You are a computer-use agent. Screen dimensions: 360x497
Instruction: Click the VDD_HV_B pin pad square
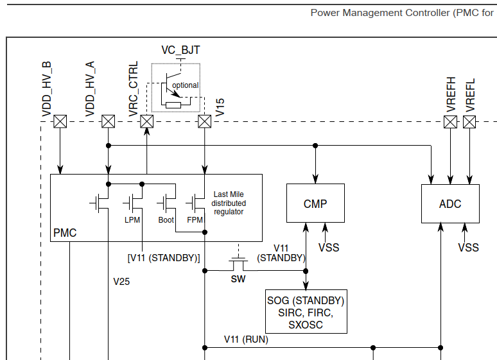60,121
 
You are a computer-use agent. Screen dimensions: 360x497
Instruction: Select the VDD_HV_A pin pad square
109,121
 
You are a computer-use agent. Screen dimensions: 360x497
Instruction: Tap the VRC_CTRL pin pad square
147,121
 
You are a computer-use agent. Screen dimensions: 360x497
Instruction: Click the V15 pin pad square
205,121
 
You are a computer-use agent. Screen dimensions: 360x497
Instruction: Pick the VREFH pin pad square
451,121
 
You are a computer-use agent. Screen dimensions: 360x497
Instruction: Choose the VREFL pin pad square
469,121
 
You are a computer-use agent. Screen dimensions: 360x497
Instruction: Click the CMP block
315,203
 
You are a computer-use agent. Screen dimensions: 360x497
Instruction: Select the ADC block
450,203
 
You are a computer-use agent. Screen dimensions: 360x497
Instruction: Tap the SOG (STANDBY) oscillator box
306,312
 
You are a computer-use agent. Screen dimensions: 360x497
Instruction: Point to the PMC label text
65,233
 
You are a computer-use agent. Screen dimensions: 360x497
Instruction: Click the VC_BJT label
180,49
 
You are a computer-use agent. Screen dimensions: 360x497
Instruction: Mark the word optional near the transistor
185,85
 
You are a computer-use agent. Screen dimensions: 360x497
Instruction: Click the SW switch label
238,279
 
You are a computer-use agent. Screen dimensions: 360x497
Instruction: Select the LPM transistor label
132,220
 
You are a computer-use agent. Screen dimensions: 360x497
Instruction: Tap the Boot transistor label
166,220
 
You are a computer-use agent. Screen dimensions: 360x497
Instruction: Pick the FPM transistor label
195,220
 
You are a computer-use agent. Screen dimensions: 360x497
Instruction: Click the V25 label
122,281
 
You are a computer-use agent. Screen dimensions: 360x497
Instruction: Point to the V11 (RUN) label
246,339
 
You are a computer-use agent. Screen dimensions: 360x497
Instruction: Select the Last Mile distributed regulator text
229,203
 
